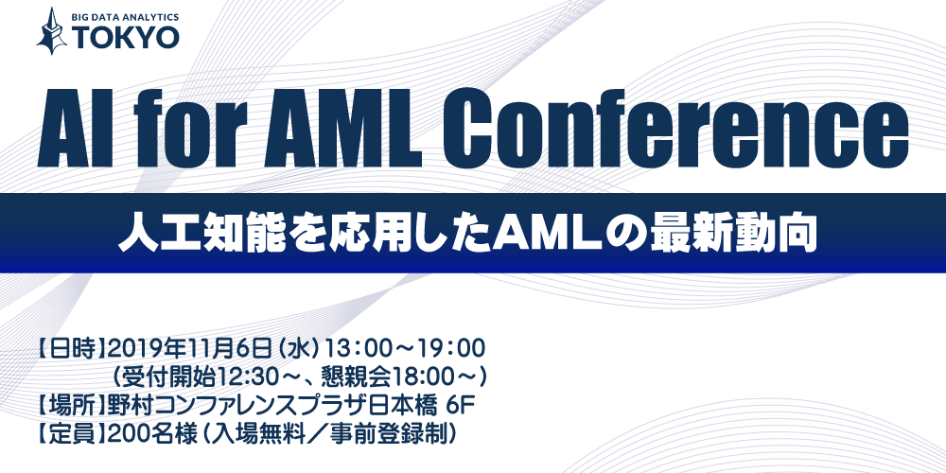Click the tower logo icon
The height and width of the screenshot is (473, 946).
tap(52, 31)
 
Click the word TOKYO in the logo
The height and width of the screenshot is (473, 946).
tap(126, 38)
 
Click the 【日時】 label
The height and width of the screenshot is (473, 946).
tap(73, 348)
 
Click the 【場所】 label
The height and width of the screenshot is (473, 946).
tap(73, 406)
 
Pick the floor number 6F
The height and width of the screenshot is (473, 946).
tap(458, 406)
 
